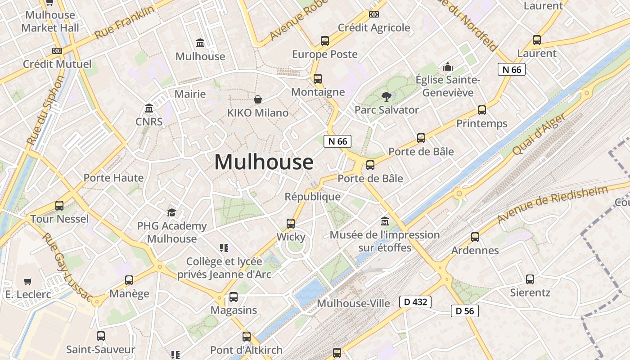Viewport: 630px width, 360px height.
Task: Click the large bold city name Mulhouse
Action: point(264,162)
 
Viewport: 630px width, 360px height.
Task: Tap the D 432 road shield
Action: point(415,302)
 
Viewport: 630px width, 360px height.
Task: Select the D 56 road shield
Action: point(464,311)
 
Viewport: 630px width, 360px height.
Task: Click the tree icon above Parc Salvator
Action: point(386,96)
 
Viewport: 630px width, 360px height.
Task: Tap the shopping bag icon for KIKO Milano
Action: point(258,99)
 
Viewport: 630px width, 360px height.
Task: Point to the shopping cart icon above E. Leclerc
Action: point(28,282)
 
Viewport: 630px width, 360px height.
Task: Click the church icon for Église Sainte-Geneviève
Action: point(448,67)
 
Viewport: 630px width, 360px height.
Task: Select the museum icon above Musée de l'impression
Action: point(385,221)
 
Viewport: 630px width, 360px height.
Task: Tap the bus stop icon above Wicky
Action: point(291,223)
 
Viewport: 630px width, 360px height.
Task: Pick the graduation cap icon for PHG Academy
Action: point(171,212)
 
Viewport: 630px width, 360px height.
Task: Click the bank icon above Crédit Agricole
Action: point(373,14)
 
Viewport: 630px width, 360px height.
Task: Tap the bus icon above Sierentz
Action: point(530,279)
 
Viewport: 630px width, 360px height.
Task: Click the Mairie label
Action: point(190,94)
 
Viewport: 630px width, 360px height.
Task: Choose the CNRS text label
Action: point(149,121)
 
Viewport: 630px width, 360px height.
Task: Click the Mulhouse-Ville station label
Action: point(353,303)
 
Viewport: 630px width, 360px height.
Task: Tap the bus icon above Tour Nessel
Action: point(59,206)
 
